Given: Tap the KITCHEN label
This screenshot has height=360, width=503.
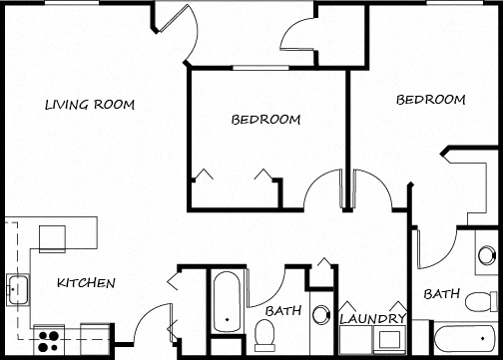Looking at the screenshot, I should click(x=86, y=283).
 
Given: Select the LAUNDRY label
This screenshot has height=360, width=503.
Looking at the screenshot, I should click(x=372, y=319).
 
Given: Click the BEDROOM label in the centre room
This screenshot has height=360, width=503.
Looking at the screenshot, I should click(x=265, y=120).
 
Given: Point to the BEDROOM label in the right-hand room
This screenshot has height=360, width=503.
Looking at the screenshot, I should click(x=431, y=100).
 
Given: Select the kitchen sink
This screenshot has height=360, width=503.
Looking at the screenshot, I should click(x=17, y=289).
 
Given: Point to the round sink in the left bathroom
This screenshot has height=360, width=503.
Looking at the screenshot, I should click(x=320, y=315).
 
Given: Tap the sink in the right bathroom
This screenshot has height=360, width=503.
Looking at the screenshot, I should click(x=486, y=254).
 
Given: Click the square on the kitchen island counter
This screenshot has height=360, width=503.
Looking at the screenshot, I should click(x=51, y=237).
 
